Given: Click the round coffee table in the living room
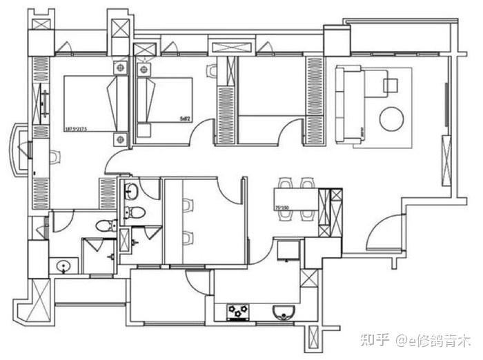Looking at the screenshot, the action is [391, 119].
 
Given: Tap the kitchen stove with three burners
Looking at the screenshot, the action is [239, 313].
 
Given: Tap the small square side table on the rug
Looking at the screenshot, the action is [391, 86].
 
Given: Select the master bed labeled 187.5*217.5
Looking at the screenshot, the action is [90, 103].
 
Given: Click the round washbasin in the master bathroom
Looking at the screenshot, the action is [63, 265].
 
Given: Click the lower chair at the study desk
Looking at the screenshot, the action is [187, 238].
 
